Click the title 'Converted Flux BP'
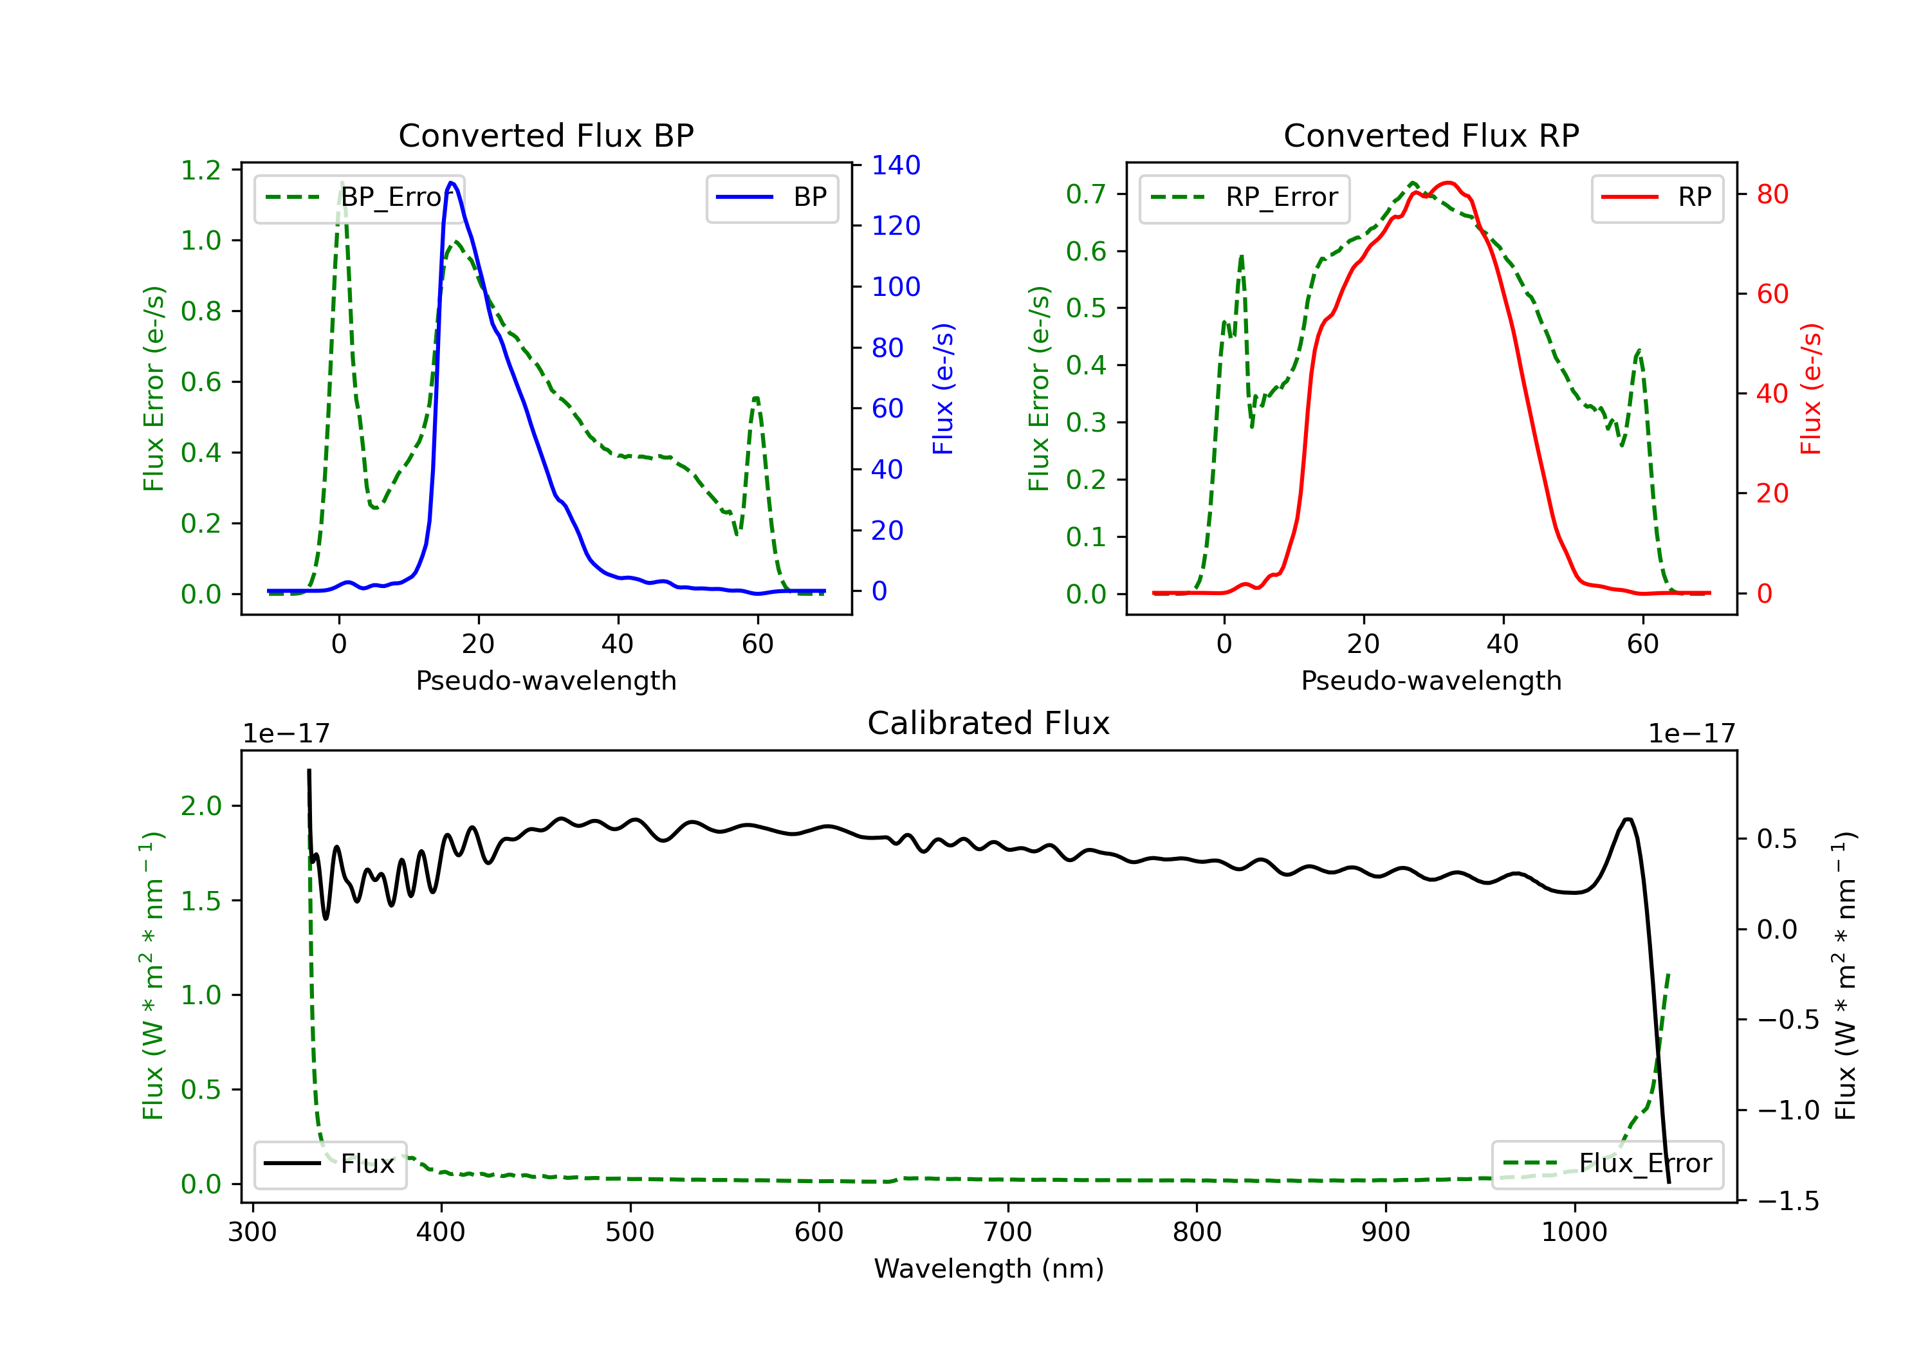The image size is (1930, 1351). tap(546, 135)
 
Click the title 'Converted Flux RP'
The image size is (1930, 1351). tap(1431, 135)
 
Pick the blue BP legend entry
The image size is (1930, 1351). tap(771, 198)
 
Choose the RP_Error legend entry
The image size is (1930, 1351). tap(1244, 198)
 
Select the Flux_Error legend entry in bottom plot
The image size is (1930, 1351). tap(1607, 1164)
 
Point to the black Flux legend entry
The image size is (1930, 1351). tap(331, 1164)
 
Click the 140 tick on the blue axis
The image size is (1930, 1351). tap(896, 165)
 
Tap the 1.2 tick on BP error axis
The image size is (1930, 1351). tap(201, 170)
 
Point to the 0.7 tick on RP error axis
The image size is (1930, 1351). tap(1086, 194)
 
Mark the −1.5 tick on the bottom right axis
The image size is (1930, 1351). tap(1788, 1200)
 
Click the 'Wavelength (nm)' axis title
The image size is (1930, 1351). tap(989, 1269)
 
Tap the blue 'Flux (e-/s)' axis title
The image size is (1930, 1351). tap(943, 389)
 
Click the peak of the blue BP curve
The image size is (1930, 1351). tap(452, 183)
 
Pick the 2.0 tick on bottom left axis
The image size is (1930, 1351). tap(201, 806)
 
